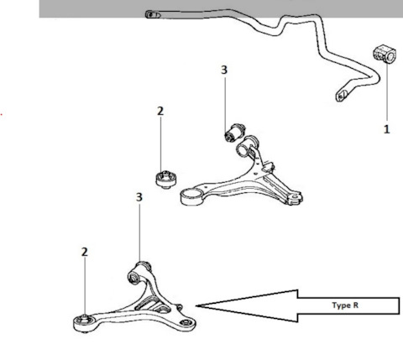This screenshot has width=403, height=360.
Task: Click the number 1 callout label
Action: tap(386, 129)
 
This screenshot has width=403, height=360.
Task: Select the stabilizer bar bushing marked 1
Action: tap(385, 55)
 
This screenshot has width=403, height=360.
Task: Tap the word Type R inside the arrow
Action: tap(345, 305)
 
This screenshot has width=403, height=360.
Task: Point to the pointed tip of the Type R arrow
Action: tap(196, 306)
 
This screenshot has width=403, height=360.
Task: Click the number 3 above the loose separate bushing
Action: tap(224, 70)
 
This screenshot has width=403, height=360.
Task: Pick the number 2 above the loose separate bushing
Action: tap(160, 111)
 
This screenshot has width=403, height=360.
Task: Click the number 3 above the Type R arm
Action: tap(139, 197)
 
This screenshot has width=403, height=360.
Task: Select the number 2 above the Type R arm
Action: tap(85, 252)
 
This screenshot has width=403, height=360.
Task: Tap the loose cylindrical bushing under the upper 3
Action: tap(235, 133)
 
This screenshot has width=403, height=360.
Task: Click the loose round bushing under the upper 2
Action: tap(166, 180)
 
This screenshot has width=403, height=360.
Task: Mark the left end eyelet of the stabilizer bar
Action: tap(153, 14)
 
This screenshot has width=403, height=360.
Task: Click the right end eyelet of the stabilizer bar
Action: tap(342, 95)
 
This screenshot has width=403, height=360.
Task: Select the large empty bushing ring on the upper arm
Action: tap(192, 197)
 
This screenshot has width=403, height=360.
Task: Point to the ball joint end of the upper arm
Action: tap(294, 197)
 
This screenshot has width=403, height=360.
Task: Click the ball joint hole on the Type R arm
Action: tap(185, 322)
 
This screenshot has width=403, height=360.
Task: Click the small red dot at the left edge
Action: tap(2, 114)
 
